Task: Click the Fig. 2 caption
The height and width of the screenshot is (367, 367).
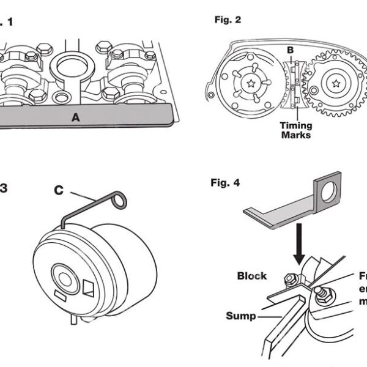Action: (229, 20)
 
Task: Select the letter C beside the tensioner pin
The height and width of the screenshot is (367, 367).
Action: (58, 190)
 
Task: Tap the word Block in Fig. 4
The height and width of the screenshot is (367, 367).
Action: (251, 276)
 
